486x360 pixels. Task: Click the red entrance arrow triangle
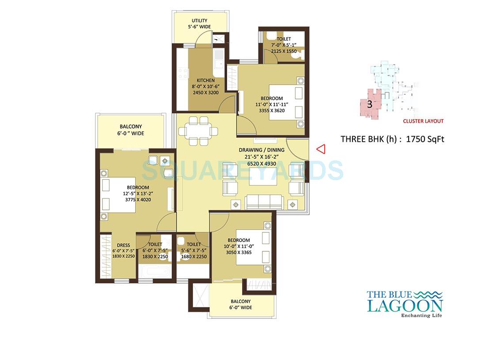321,149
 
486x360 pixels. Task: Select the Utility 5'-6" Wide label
199,24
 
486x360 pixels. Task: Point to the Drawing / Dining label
262,150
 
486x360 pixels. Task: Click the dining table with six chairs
197,131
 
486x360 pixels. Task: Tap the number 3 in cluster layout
369,105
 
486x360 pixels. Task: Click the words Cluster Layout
423,121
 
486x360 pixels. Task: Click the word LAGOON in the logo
404,305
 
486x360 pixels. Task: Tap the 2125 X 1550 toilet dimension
284,51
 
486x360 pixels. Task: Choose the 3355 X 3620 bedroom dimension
270,110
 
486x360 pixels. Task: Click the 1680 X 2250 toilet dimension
194,257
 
